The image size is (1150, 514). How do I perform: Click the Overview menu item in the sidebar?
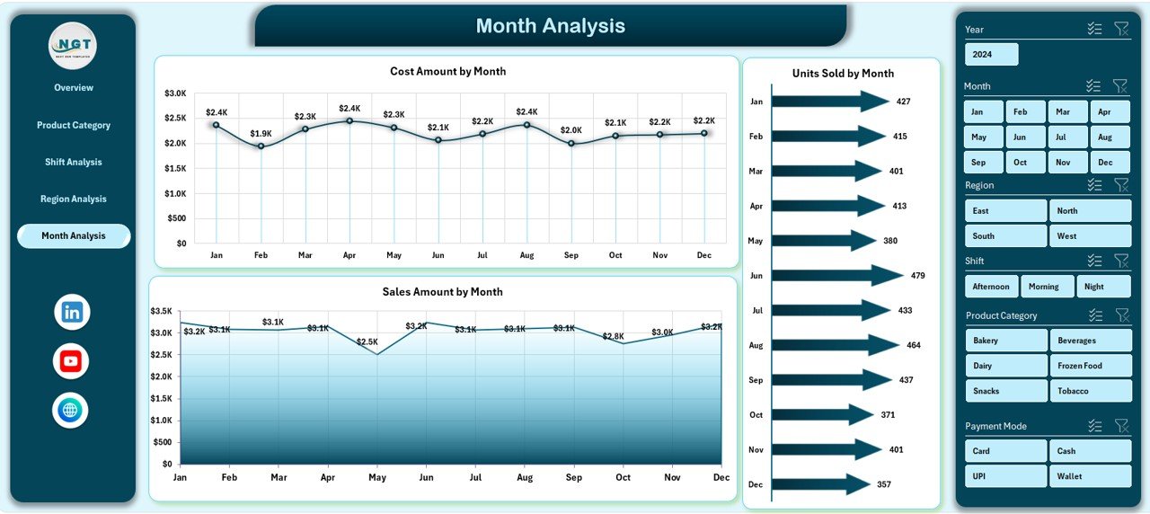tap(74, 88)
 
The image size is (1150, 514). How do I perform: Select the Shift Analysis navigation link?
tap(74, 163)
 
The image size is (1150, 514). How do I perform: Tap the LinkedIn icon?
tap(72, 313)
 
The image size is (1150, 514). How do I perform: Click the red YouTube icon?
tap(71, 361)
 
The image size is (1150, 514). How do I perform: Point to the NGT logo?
tap(73, 46)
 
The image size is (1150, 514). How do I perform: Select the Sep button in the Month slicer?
tap(978, 163)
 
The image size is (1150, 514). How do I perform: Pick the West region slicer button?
tap(1090, 236)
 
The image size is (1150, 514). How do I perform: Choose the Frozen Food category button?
tap(1090, 366)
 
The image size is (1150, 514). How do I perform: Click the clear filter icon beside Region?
tap(1120, 185)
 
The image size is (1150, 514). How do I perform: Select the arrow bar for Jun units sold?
tap(836, 276)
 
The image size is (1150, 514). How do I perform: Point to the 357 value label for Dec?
tap(884, 485)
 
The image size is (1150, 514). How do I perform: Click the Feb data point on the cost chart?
tap(261, 146)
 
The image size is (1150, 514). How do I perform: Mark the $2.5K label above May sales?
tap(367, 342)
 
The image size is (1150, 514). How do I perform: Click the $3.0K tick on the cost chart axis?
tap(175, 93)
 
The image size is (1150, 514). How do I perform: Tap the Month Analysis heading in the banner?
tap(550, 26)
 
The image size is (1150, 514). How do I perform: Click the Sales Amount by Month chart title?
tap(442, 292)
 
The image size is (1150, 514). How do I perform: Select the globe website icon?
tap(70, 411)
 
